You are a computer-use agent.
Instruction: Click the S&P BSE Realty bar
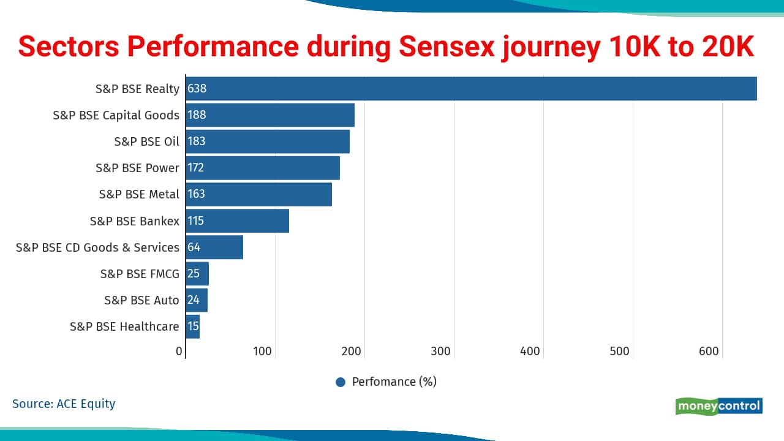point(471,89)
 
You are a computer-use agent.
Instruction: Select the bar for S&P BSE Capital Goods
point(270,115)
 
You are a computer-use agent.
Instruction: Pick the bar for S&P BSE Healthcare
point(193,326)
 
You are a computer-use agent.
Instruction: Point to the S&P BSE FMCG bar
point(197,274)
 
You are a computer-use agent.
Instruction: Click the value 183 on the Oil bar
point(197,141)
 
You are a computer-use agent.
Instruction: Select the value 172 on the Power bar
point(196,168)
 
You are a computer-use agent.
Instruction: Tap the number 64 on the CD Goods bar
point(194,247)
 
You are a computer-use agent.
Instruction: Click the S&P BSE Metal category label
point(139,194)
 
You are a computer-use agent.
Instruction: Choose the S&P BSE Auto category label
point(141,300)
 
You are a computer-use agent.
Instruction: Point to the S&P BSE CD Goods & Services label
point(97,247)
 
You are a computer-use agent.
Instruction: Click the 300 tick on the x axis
point(441,351)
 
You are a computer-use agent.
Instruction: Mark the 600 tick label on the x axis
point(709,351)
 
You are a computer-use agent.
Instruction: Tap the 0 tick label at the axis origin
point(179,351)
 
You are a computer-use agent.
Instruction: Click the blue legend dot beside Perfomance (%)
point(341,382)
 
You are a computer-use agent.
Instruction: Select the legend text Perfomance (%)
point(394,382)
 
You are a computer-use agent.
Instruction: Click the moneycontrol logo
point(719,406)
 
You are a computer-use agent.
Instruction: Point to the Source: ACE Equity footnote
point(64,404)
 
